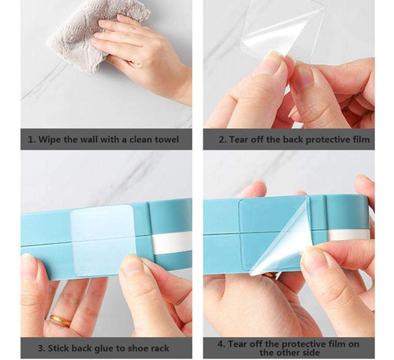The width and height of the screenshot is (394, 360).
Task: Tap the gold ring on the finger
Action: click(61, 321)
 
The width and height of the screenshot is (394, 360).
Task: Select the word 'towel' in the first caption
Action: click(166, 139)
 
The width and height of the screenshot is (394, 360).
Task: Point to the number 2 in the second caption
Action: click(222, 139)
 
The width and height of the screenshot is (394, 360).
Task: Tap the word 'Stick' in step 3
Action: click(58, 348)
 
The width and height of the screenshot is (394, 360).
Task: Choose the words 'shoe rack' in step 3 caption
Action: click(149, 348)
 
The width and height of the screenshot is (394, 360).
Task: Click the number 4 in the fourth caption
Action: click(221, 344)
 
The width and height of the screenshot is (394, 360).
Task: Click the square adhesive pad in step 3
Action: click(102, 239)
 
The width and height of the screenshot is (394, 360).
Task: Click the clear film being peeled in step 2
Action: click(282, 32)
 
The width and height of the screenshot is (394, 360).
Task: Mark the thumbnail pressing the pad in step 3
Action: click(132, 264)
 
